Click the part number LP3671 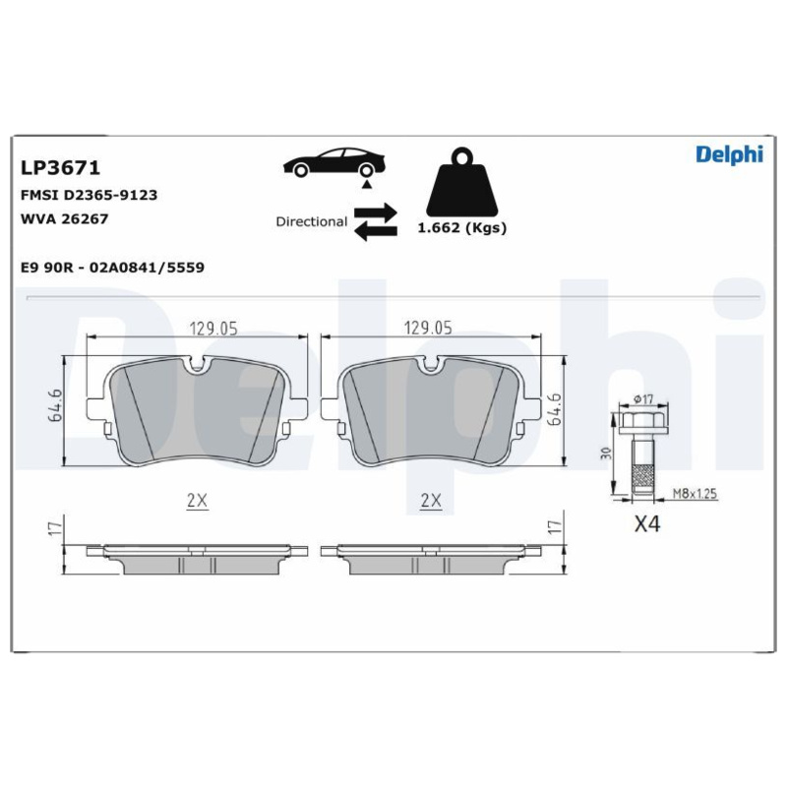[60, 167]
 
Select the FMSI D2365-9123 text [89, 195]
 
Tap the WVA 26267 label [64, 218]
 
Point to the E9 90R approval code [112, 267]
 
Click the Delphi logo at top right [729, 154]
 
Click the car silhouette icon [334, 162]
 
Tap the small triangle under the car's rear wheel [367, 185]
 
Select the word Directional [311, 221]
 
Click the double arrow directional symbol [376, 221]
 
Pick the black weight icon [461, 182]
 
